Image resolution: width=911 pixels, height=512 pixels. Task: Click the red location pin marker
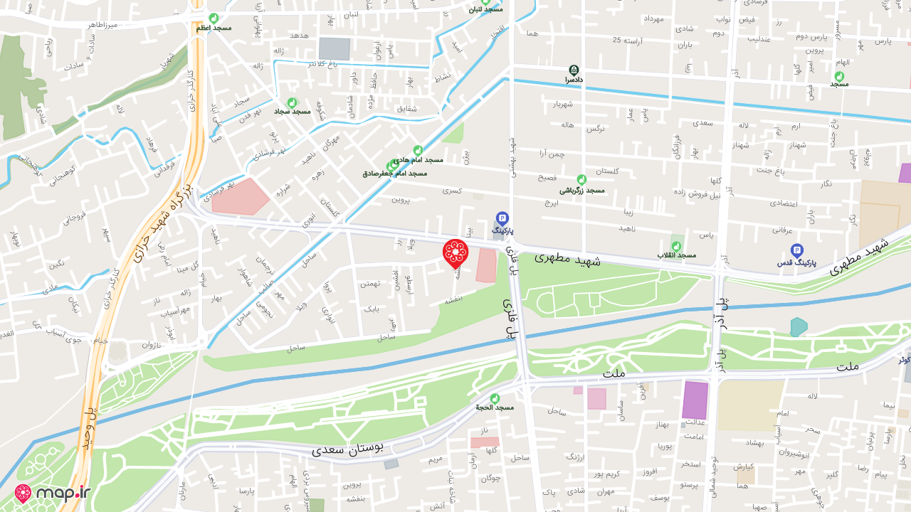click(455, 253)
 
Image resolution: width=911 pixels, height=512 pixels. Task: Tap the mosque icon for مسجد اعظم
click(214, 18)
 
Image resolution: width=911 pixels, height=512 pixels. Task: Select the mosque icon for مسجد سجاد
click(291, 103)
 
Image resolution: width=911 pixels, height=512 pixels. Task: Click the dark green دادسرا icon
click(574, 70)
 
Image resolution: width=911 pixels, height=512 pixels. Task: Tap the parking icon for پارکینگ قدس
click(797, 250)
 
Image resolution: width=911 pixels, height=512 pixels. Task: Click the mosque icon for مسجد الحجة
click(495, 398)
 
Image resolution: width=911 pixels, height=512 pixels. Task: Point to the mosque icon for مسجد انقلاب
click(676, 246)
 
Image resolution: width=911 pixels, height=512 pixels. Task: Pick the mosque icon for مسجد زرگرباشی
click(581, 180)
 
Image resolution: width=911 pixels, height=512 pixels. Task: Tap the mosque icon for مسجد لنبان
click(485, 1)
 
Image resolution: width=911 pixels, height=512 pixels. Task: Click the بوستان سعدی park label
click(347, 448)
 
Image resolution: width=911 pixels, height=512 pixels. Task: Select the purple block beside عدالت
click(695, 400)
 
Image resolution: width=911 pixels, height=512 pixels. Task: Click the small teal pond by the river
click(799, 327)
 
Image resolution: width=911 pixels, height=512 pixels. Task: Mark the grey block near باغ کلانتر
click(334, 48)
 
